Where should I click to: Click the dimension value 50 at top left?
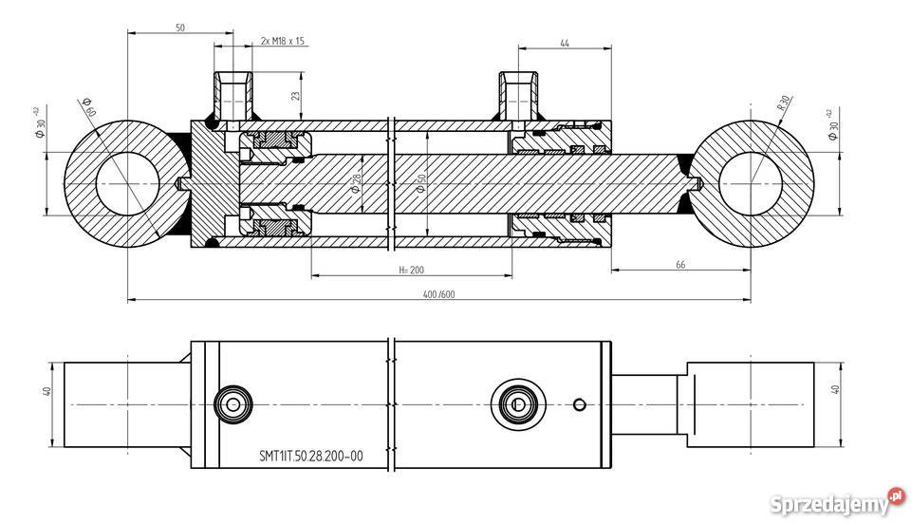179,28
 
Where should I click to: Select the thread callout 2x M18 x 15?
282,42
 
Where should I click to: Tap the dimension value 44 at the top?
565,44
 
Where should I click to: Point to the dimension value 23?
295,96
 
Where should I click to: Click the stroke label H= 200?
410,270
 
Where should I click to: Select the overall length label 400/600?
439,293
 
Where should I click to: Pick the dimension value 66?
680,265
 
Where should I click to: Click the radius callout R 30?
784,103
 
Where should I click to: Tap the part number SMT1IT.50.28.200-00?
311,456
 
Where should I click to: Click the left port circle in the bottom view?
231,404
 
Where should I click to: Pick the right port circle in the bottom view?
517,404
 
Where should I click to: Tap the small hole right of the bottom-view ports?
579,404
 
